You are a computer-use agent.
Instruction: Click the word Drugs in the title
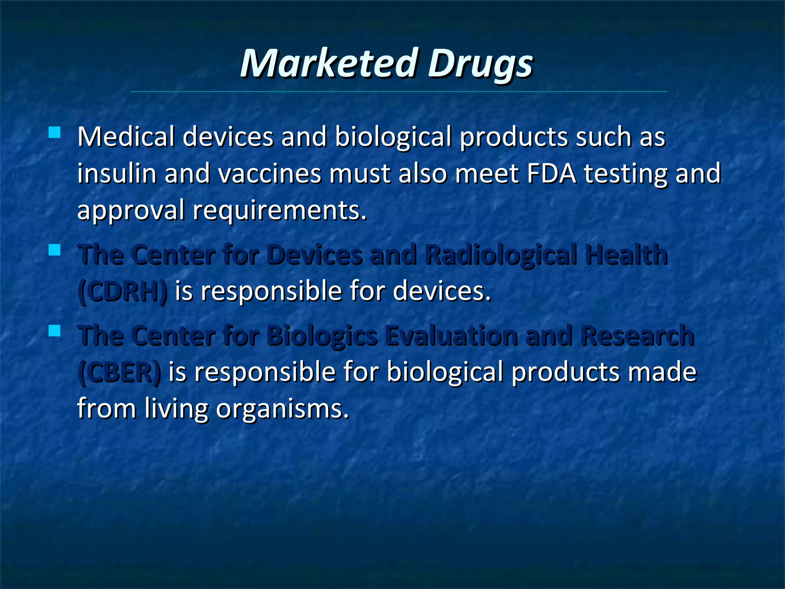[480, 64]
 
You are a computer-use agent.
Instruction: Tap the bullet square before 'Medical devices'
[55, 133]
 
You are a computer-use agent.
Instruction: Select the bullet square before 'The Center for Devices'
[55, 250]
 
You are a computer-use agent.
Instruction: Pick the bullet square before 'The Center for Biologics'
[55, 331]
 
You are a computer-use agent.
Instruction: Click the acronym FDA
[552, 173]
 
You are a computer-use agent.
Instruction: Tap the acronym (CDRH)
[122, 291]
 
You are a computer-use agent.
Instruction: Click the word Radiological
[501, 255]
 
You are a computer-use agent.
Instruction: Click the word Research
[637, 336]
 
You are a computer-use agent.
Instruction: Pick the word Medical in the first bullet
[126, 137]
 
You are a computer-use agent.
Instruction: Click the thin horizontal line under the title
[399, 92]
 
